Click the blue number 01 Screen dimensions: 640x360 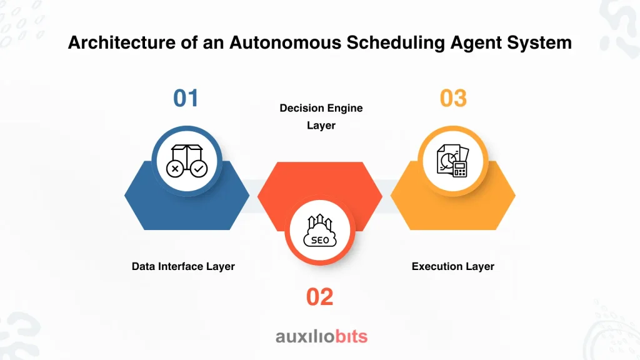tap(186, 98)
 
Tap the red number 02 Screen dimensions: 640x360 tap(319, 297)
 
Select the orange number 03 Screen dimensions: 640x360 tap(453, 98)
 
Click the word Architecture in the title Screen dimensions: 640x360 tap(122, 42)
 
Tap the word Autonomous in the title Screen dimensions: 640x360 tap(285, 42)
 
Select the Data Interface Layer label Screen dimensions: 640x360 tap(183, 266)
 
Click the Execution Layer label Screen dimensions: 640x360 tap(452, 266)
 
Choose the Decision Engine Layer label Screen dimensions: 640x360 tap(321, 117)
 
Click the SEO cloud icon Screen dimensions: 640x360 tap(320, 231)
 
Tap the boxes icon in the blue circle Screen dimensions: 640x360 tap(187, 161)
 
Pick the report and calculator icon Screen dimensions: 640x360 tap(452, 161)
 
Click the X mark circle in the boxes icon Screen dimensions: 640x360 tap(175, 169)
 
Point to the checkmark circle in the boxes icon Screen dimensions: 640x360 tap(199, 169)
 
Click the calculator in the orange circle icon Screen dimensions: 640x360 tap(460, 169)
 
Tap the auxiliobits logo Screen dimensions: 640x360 tap(322, 337)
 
